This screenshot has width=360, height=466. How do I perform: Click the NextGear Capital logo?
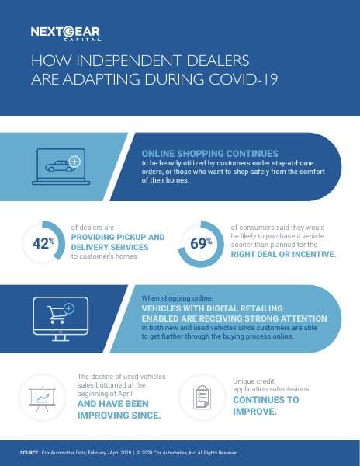point(66,33)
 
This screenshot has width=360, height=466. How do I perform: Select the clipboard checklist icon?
point(200,397)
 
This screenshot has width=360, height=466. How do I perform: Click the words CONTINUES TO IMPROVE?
point(266,405)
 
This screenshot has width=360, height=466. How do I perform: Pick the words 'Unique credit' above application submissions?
point(253,382)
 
